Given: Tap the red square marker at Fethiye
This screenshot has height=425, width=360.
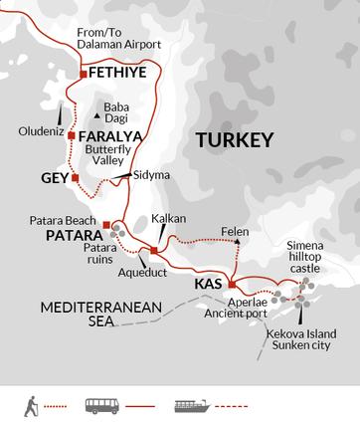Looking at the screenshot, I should [x=82, y=74].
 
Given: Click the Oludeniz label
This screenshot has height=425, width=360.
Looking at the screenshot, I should [x=41, y=130].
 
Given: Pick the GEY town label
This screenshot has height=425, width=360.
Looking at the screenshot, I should [x=56, y=178].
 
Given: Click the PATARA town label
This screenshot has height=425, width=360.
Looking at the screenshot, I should [x=74, y=237].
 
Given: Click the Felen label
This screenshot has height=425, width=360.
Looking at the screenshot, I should [x=235, y=230].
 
